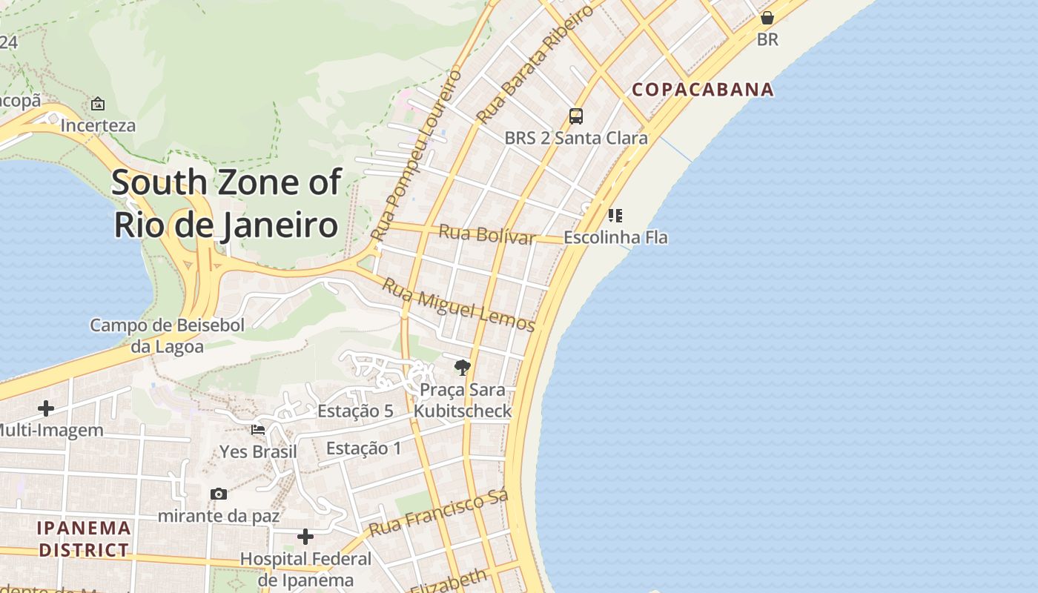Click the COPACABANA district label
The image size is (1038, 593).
(x=702, y=90)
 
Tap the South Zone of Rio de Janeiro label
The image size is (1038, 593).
(x=226, y=203)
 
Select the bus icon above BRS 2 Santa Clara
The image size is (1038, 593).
(x=576, y=116)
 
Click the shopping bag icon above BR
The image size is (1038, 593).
(x=767, y=17)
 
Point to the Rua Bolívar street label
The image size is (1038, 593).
(x=486, y=233)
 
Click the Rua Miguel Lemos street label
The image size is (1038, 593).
(x=458, y=304)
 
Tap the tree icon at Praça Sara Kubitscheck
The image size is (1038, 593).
(x=463, y=367)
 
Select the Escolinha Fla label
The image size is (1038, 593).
(x=615, y=238)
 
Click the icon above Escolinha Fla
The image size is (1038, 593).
(x=615, y=216)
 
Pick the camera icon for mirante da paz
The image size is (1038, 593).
(x=219, y=494)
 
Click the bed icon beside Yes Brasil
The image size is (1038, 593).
(x=258, y=429)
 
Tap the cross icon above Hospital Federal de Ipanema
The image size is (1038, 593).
(x=305, y=536)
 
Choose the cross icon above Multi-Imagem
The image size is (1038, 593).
(x=46, y=408)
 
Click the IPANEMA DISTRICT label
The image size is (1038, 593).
(x=84, y=539)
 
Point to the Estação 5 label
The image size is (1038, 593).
(x=355, y=411)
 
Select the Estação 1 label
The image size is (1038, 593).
(x=363, y=448)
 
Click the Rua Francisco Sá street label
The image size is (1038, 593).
(x=438, y=514)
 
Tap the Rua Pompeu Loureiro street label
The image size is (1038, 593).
(x=417, y=155)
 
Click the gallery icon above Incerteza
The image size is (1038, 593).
(x=98, y=104)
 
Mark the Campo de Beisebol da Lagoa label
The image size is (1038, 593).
(x=167, y=335)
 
